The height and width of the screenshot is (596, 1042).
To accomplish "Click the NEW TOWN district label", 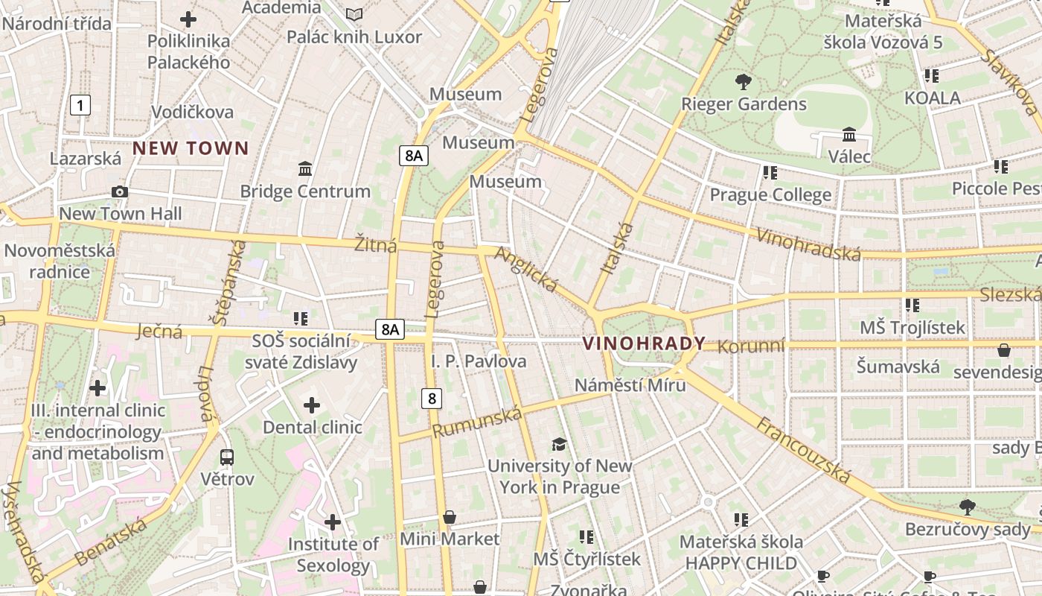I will [191, 148].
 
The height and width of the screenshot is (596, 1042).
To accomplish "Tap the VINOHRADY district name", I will [644, 343].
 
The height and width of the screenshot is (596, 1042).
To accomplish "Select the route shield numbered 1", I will [80, 105].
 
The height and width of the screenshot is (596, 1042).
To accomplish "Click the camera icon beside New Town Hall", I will [119, 192].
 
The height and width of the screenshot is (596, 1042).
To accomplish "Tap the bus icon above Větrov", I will [227, 457].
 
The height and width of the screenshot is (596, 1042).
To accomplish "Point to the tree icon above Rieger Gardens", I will [743, 82].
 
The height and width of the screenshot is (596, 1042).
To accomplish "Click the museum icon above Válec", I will [849, 135].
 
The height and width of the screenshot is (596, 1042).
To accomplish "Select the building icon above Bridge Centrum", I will [304, 169].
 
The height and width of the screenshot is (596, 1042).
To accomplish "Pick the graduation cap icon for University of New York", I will [558, 445].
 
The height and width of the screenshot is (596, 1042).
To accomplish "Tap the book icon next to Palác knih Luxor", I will [354, 15].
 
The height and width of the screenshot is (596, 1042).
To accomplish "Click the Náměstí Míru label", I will [630, 385].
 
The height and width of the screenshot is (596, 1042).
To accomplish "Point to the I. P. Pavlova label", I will [479, 361].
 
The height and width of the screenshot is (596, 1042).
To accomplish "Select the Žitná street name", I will [376, 244].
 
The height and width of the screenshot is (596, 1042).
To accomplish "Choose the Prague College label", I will [770, 195].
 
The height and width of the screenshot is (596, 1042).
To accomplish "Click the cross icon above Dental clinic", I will [312, 405].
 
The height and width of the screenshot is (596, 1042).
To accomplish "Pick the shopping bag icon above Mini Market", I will [450, 517].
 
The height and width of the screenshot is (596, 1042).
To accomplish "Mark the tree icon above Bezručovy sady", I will [967, 507].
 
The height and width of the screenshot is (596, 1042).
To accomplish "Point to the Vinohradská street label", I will [808, 244].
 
